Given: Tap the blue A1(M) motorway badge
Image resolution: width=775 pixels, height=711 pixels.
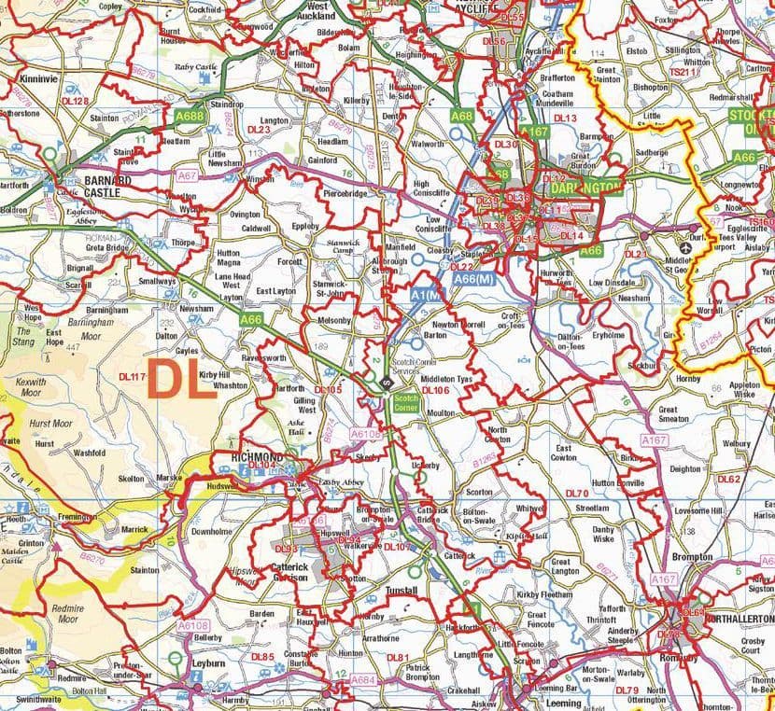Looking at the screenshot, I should point(425,294).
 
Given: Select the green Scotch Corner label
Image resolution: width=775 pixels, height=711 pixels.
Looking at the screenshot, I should point(405,403).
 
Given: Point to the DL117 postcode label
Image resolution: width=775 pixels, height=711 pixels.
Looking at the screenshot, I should point(134,377).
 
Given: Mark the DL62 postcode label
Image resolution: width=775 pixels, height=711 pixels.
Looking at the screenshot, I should point(728,479).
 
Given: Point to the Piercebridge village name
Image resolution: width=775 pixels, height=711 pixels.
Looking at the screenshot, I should point(345,194).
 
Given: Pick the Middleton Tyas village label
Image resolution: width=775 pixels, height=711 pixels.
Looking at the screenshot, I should point(447,380).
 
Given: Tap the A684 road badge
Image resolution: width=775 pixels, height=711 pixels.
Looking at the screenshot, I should point(362,680).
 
